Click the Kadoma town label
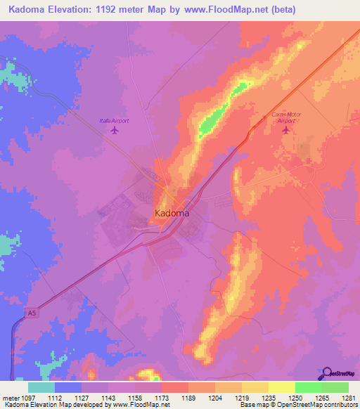tap(172, 212)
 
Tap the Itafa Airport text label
tap(114, 121)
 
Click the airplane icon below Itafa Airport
tap(114, 131)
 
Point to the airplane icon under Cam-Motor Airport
tap(285, 131)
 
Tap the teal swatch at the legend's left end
tap(41, 387)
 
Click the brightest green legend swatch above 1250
tap(308, 387)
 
